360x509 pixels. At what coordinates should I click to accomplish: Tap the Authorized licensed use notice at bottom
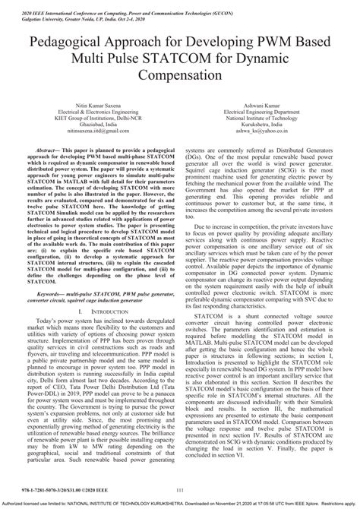point(180,504)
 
